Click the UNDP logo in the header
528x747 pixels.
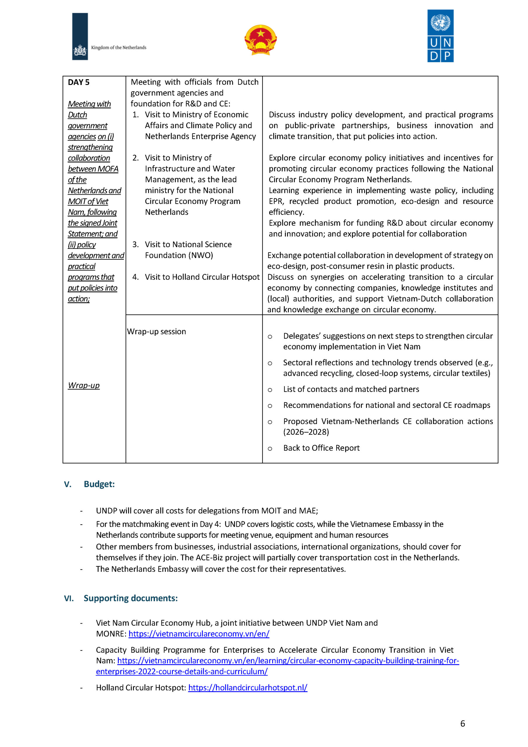point(440,36)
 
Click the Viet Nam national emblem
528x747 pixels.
point(260,40)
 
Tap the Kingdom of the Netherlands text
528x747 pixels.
point(118,48)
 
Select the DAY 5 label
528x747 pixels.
point(78,82)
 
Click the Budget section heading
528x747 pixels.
point(99,484)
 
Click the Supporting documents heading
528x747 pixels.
point(130,598)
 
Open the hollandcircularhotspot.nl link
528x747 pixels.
point(248,687)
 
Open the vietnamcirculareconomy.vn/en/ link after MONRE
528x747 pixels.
point(199,633)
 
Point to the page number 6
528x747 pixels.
point(463,724)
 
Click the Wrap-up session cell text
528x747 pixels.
point(156,331)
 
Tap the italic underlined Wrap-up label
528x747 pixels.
point(84,385)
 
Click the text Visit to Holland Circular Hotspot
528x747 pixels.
point(202,277)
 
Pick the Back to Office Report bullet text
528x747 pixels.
point(321,448)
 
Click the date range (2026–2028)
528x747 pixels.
point(306,432)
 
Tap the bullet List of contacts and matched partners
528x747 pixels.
point(351,389)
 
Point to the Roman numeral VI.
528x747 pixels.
point(69,599)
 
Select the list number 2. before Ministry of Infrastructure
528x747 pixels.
point(136,158)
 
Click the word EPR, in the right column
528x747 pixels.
point(276,201)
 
